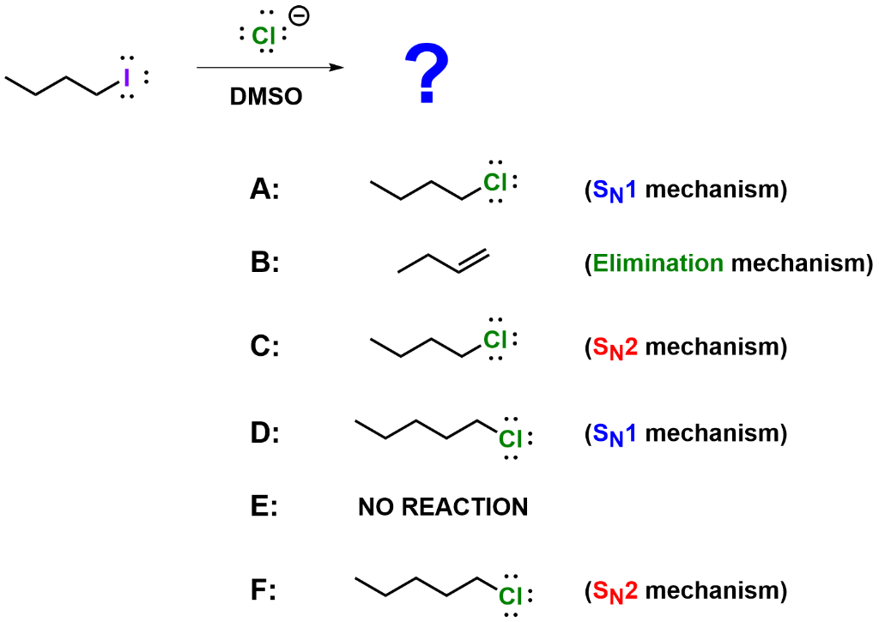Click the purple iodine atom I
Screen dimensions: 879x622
pos(126,78)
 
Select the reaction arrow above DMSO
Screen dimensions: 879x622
pos(270,67)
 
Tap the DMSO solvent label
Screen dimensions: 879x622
pos(267,96)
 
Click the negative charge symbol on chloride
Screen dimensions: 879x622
pos(301,15)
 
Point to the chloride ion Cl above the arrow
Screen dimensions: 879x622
pos(265,35)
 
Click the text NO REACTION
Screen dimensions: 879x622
pos(440,508)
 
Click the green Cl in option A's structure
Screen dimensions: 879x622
pos(495,182)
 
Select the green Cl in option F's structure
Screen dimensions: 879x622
pos(511,595)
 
